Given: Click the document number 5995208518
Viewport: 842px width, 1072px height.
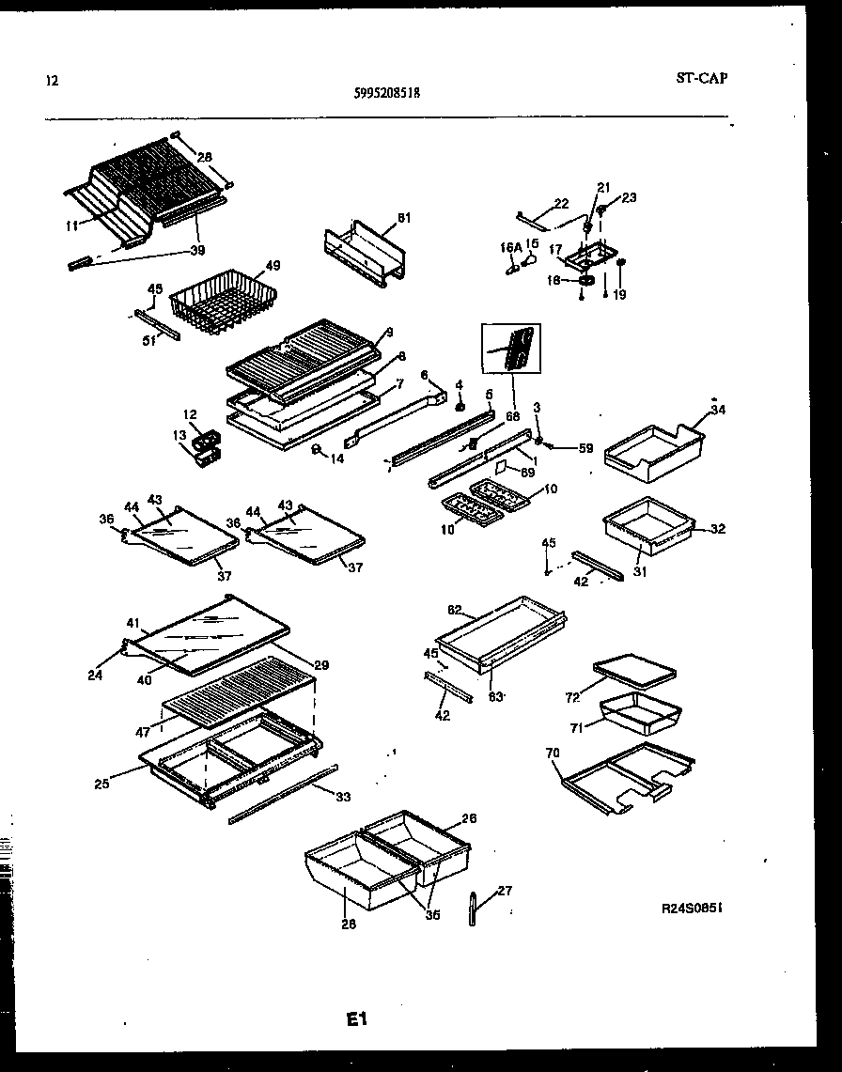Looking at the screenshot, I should point(388,94).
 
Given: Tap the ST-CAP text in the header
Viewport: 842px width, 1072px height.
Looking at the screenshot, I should point(701,78).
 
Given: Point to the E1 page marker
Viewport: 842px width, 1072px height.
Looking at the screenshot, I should point(356,1018).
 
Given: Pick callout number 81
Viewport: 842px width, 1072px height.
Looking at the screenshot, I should point(404,218).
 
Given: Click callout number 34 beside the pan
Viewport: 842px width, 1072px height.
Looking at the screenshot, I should point(718,409).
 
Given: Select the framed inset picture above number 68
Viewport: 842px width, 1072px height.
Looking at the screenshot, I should point(514,350).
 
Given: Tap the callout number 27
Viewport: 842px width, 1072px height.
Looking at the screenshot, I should point(505,891).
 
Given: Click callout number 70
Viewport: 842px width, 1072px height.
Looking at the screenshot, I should point(553,752).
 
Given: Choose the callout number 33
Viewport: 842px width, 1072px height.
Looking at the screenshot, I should point(343,798).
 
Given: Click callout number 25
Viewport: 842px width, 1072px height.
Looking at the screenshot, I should point(101,783).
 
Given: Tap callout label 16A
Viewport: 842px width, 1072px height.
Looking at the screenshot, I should point(508,247).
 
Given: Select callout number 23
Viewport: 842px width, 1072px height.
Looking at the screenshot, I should point(629,197).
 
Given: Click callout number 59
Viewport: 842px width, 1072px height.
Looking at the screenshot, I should point(585,448).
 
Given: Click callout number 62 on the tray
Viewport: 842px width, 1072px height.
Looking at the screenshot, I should point(454,610).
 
